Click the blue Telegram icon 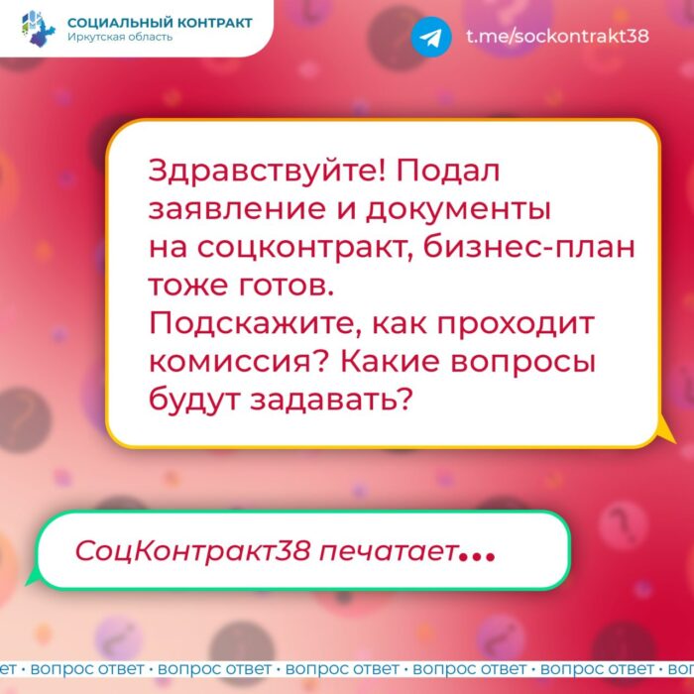click(431, 37)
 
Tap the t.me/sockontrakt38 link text click(557, 36)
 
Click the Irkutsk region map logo click(39, 29)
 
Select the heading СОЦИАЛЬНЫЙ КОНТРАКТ click(160, 23)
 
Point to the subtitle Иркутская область click(120, 38)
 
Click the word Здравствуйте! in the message click(268, 172)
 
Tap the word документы click(458, 210)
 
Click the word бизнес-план click(528, 248)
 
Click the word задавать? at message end click(331, 401)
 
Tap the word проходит click(516, 325)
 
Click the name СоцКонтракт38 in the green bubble click(192, 551)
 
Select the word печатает click(389, 551)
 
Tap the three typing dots click(477, 557)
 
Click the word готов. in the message click(286, 287)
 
